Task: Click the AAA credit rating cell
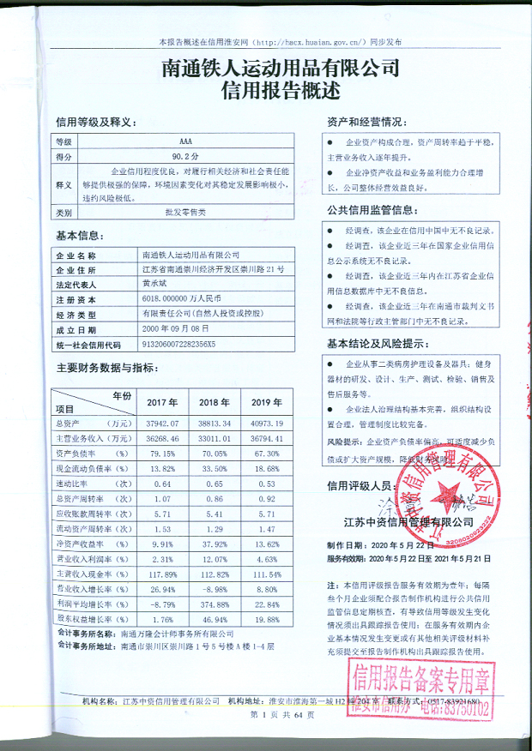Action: coord(185,140)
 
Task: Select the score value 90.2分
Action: coord(185,157)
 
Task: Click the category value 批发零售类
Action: coord(185,211)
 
